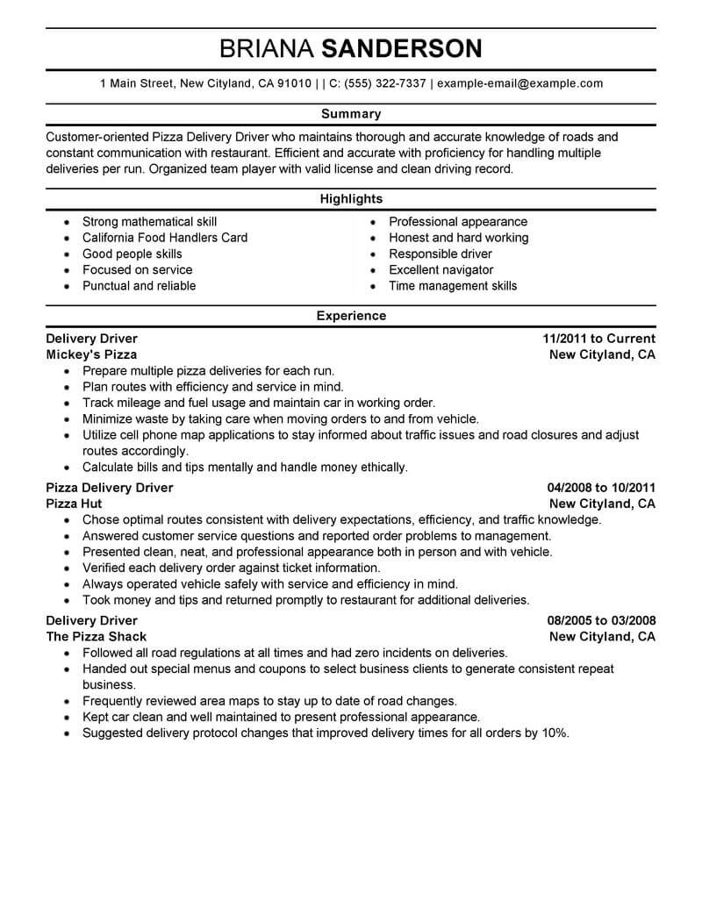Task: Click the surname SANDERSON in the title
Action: coord(402,48)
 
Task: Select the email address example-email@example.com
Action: coord(519,83)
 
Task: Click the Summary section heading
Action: coord(351,114)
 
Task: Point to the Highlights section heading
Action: coord(351,199)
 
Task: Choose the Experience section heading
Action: coord(351,315)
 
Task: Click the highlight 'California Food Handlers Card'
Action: coord(165,238)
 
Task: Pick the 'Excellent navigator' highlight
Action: coord(441,270)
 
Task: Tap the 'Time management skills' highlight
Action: coord(453,286)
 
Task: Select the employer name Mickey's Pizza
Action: coord(91,355)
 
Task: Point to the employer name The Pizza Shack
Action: coord(97,637)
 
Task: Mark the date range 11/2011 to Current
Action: coord(599,339)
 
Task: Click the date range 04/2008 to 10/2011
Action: coord(601,488)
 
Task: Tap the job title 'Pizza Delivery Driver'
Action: coord(110,488)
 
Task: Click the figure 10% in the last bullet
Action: coord(554,733)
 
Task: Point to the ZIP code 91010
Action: coord(294,83)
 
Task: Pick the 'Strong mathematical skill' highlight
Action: coord(149,222)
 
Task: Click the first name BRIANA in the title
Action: coord(267,48)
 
